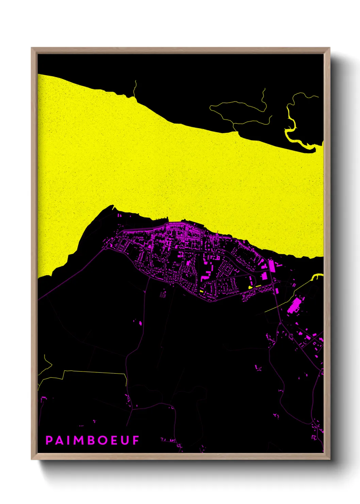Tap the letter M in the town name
click(x=79, y=440)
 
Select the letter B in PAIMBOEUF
click(x=92, y=440)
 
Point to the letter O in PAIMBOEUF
click(x=103, y=440)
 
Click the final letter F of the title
click(x=136, y=440)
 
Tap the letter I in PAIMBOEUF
click(x=69, y=440)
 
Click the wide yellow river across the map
click(x=170, y=170)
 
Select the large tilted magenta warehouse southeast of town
click(x=293, y=305)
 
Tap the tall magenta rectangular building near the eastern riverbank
click(x=272, y=266)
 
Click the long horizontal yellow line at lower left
click(x=95, y=372)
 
